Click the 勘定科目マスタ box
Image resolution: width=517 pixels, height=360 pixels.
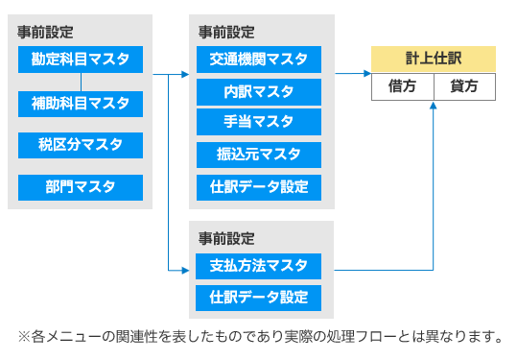81,60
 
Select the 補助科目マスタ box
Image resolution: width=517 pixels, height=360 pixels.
81,104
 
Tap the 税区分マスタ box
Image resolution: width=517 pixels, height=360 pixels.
81,145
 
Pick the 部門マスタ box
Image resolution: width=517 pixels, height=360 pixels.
81,187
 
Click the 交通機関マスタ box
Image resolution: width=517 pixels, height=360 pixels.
259,60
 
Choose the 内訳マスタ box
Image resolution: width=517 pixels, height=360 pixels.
259,92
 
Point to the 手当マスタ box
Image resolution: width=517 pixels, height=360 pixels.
259,122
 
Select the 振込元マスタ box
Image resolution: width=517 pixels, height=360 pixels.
259,155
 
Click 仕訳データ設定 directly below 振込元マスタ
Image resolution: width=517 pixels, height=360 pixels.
259,187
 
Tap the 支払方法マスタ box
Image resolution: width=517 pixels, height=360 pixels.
259,266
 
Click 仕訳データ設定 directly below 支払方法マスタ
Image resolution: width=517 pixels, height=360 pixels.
259,298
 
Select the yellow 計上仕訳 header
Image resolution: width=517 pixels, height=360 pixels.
434,60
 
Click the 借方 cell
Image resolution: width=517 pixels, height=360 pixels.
402,86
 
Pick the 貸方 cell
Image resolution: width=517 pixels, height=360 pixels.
464,86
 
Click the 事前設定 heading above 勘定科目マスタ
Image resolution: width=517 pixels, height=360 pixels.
45,33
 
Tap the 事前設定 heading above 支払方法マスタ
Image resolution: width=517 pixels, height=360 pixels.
226,239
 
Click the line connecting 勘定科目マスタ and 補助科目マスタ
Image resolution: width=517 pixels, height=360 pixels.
81,82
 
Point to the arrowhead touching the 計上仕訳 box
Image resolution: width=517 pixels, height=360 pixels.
367,74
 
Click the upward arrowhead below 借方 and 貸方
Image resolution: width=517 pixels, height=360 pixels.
434,105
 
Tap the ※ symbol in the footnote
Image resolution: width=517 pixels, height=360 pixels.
24,337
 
